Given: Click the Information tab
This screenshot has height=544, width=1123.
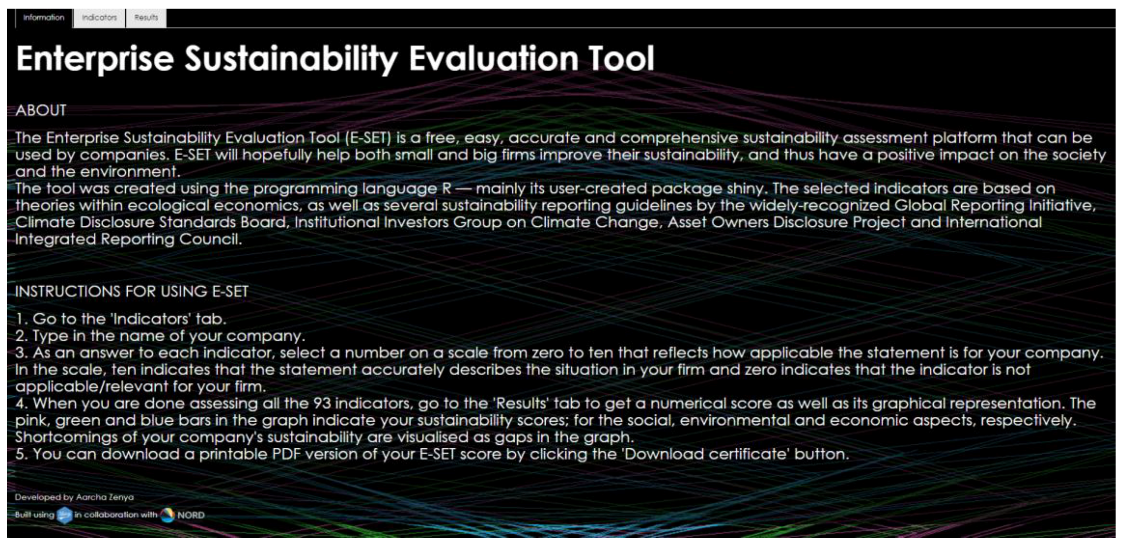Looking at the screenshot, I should click(x=44, y=18).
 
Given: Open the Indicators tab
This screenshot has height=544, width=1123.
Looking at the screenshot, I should click(x=99, y=18).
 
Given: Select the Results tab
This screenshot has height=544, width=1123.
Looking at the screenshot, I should click(x=146, y=18).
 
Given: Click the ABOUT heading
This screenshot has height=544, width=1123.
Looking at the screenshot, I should click(x=41, y=111).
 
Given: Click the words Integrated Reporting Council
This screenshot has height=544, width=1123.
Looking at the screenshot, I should click(x=128, y=239).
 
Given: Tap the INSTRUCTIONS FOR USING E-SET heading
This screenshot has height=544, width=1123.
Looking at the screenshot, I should click(x=132, y=291).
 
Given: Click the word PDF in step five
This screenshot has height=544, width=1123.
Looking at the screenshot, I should click(x=286, y=454).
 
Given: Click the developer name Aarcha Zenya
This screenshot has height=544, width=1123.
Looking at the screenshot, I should click(x=105, y=497).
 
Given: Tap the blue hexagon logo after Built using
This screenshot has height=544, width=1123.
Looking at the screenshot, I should click(x=65, y=515).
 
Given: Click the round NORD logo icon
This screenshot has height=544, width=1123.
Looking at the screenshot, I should click(x=167, y=515).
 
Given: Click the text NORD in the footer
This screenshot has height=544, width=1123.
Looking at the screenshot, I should click(x=191, y=515).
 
